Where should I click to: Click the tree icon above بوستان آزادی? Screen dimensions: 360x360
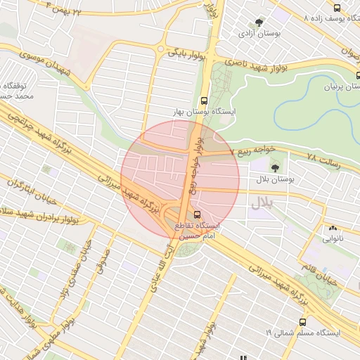(260, 22)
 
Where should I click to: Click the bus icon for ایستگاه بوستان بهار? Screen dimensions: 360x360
(204, 101)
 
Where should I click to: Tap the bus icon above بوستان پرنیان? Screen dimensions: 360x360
(339, 74)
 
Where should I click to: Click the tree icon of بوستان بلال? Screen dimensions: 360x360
(274, 167)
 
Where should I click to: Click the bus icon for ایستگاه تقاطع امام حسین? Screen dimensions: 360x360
(198, 212)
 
